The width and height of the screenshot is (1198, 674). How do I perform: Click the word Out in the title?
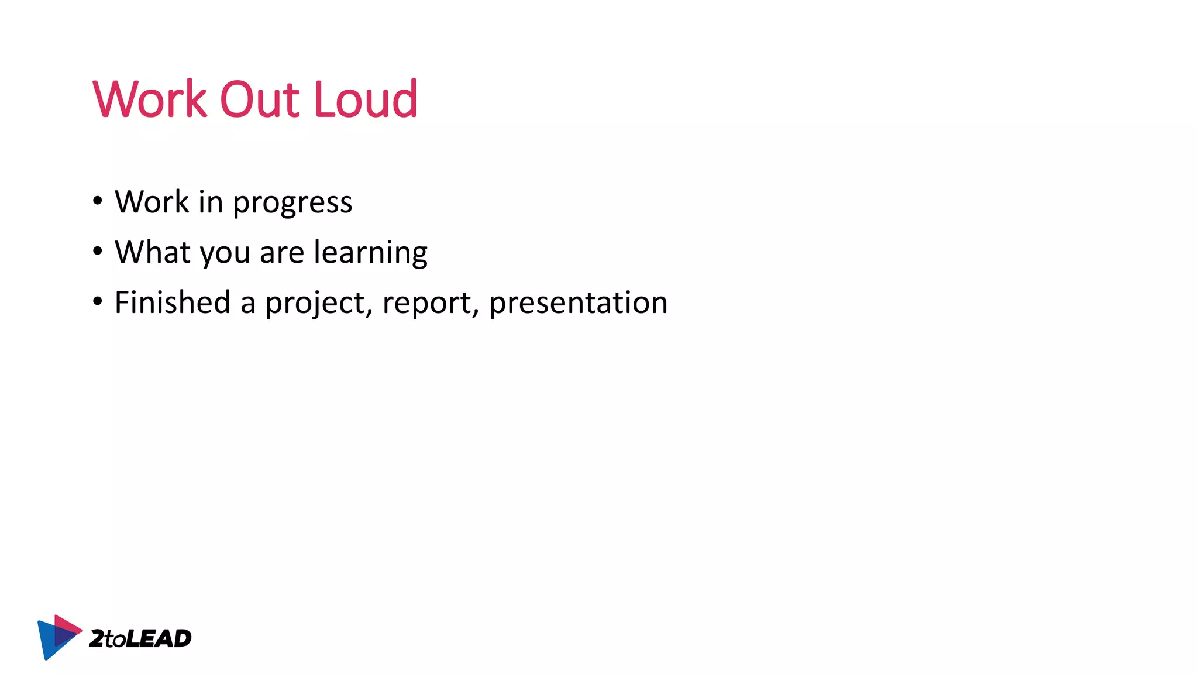coord(260,99)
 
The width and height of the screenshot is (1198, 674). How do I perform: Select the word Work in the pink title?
coord(150,99)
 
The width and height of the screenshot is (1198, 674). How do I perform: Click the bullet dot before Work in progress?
coord(98,201)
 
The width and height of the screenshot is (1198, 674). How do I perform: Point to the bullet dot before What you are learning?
coord(98,251)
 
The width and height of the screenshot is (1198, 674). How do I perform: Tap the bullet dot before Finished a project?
coord(98,301)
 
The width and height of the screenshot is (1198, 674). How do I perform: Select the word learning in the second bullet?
coord(370,253)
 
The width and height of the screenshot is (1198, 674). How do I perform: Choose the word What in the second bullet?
coord(152,252)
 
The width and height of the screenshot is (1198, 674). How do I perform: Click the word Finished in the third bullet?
coord(173,302)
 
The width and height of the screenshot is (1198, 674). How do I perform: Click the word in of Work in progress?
coord(211,202)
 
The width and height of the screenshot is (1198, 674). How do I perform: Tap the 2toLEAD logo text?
coord(140,638)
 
